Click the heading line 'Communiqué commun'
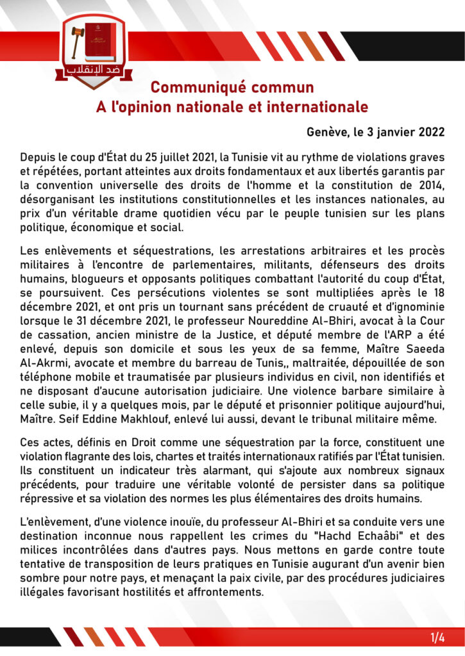(232, 87)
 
